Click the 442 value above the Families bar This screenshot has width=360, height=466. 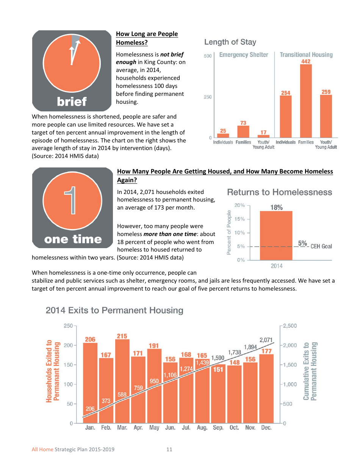coord(306,61)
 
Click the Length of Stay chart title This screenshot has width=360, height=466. coord(230,42)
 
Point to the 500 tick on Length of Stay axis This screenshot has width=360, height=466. coord(208,56)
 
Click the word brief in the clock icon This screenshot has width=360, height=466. coord(72,102)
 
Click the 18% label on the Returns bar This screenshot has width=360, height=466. coord(276,207)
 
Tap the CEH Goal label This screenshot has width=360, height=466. coord(321,246)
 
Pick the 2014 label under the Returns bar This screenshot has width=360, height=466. coord(276,266)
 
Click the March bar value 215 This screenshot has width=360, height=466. coord(122,336)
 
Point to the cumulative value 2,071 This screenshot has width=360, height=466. coord(266,340)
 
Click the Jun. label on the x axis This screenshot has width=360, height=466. coord(170,428)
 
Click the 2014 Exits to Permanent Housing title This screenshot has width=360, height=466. coord(114,311)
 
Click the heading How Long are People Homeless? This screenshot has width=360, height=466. coord(147,38)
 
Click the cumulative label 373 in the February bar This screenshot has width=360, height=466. coord(106,400)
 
